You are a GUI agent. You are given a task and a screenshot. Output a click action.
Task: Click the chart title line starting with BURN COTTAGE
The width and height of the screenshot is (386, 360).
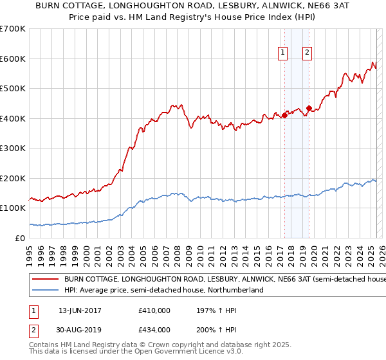pyautogui.click(x=193, y=6)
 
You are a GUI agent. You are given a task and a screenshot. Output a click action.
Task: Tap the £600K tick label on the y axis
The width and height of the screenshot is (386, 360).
pyautogui.click(x=13, y=59)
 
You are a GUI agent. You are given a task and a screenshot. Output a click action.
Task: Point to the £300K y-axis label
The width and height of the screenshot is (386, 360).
pyautogui.click(x=13, y=148)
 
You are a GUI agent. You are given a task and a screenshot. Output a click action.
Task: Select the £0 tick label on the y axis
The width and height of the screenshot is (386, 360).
pyautogui.click(x=19, y=239)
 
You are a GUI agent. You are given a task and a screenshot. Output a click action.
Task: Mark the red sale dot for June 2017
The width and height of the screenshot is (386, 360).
pyautogui.click(x=284, y=115)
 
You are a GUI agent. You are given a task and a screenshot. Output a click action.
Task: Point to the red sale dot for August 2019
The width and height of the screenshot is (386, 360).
pyautogui.click(x=309, y=108)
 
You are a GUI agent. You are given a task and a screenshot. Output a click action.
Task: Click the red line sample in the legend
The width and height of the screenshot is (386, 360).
pyautogui.click(x=44, y=280)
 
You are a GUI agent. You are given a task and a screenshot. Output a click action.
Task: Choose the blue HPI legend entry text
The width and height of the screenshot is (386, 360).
pyautogui.click(x=164, y=291)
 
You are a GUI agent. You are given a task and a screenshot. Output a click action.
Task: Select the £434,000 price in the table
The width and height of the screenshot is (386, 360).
pyautogui.click(x=154, y=329)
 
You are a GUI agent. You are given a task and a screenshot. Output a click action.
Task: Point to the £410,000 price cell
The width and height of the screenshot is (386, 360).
pyautogui.click(x=154, y=310)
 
